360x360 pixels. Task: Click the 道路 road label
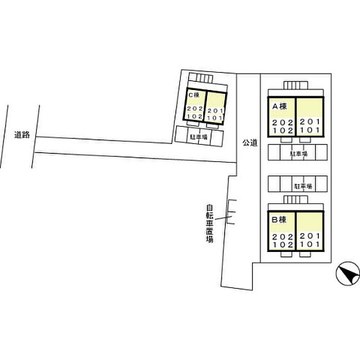click(22, 135)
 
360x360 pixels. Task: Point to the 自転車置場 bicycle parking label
click(210, 224)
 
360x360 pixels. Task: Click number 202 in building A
click(282, 122)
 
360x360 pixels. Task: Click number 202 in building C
click(195, 109)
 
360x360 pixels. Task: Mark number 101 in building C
click(214, 118)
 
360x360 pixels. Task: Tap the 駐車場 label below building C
click(198, 137)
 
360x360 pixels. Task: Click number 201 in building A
click(310, 121)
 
